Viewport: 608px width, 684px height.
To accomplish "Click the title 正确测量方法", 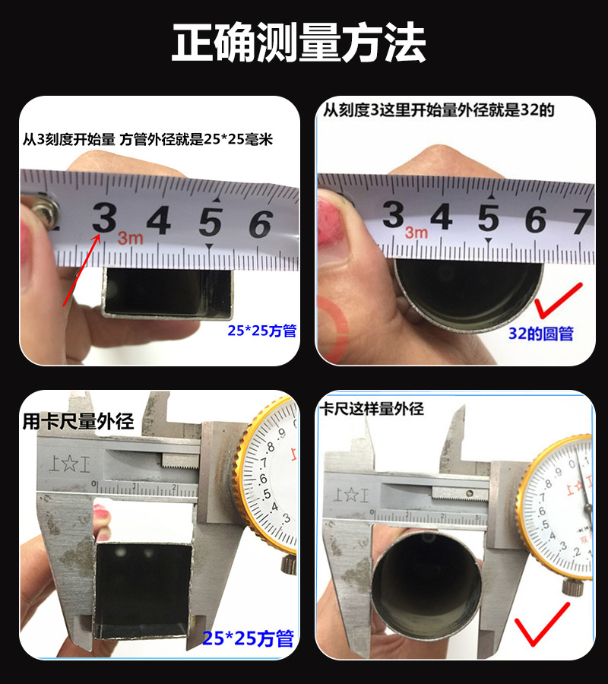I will (298, 43).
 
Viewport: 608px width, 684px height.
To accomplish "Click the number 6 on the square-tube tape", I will (260, 223).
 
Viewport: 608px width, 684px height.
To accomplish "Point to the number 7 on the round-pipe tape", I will (582, 220).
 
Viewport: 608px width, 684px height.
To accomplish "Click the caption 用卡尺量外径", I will (78, 422).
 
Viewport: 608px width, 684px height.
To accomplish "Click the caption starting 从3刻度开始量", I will (147, 140).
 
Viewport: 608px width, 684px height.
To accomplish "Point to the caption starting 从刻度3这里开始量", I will (439, 110).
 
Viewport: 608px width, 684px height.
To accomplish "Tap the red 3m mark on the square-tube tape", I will (130, 239).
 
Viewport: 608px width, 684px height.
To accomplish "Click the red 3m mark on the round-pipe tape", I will (416, 233).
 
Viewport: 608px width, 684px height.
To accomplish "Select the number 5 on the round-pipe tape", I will (488, 217).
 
